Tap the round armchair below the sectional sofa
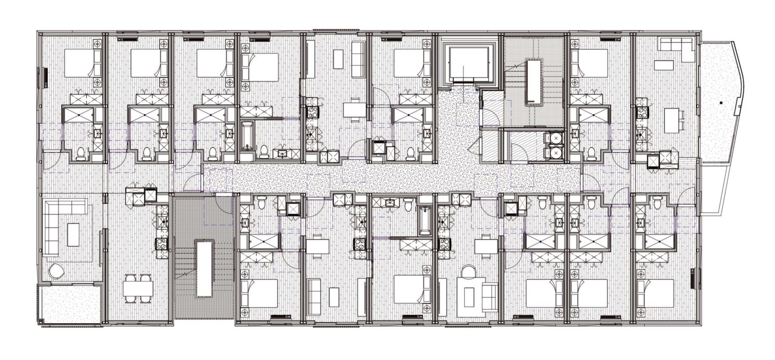pyautogui.click(x=56, y=271)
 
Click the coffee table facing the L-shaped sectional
pyautogui.click(x=73, y=234)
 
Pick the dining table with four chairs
pyautogui.click(x=138, y=289)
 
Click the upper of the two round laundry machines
pyautogui.click(x=556, y=138)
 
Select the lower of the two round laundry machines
pyautogui.click(x=556, y=153)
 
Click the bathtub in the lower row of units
pyautogui.click(x=424, y=220)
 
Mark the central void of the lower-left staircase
pyautogui.click(x=204, y=268)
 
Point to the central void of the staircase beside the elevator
pyautogui.click(x=533, y=81)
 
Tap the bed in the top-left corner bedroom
pyautogui.click(x=83, y=63)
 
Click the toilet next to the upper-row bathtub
pyautogui.click(x=264, y=151)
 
